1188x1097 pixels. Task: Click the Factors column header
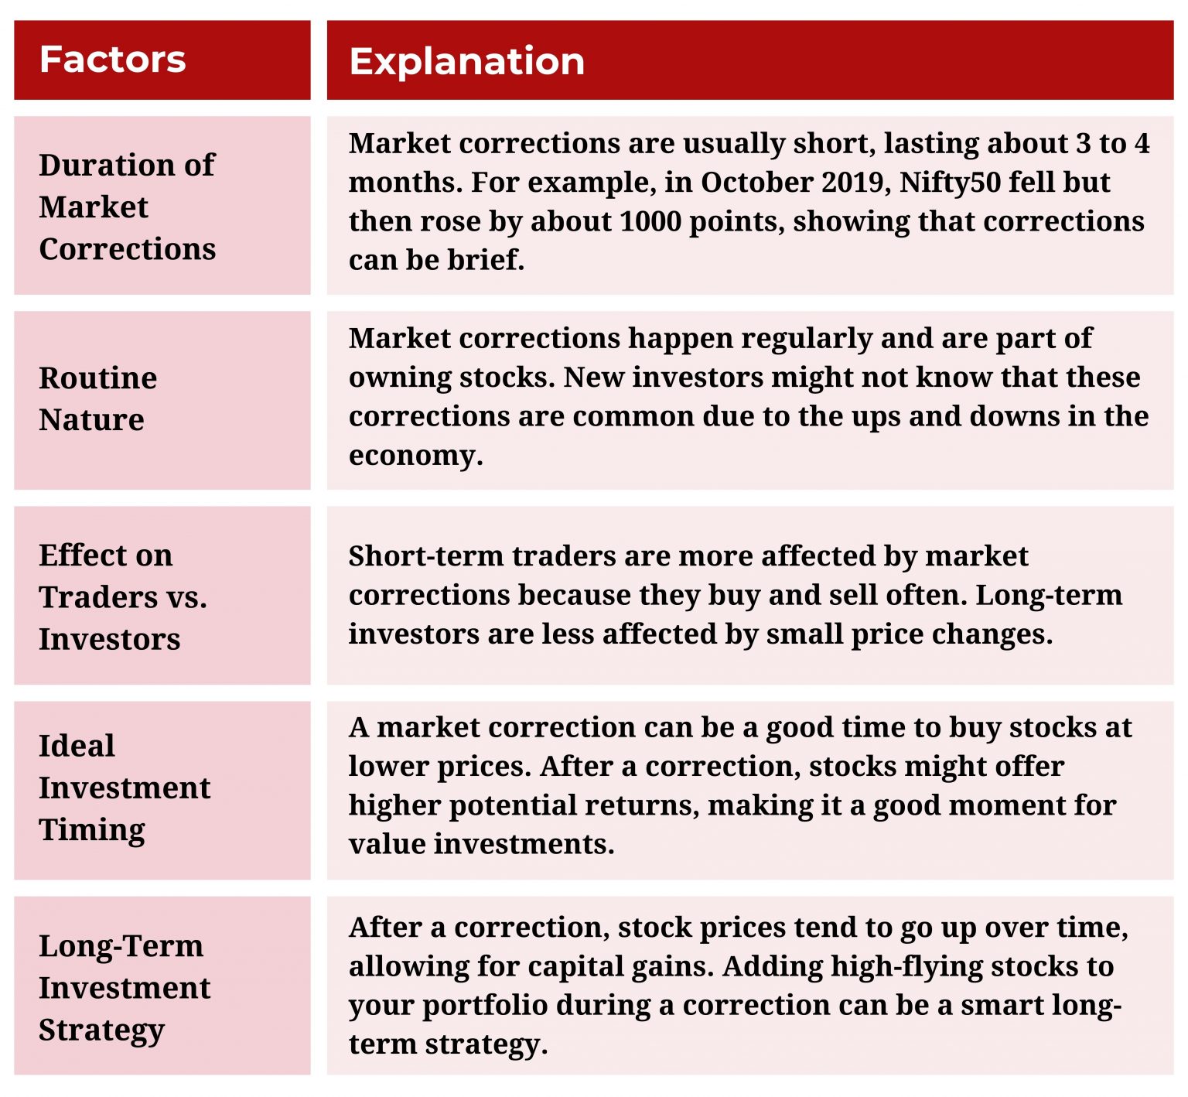pyautogui.click(x=112, y=60)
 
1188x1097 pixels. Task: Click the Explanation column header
pyautogui.click(x=466, y=61)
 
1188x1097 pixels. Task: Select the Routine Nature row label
pyautogui.click(x=97, y=398)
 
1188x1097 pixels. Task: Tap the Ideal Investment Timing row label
pyautogui.click(x=124, y=788)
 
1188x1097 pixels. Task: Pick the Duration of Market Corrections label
pyautogui.click(x=127, y=207)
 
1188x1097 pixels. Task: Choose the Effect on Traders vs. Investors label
pyautogui.click(x=122, y=596)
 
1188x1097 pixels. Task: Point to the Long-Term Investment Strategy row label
pyautogui.click(x=124, y=987)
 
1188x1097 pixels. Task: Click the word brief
pyautogui.click(x=484, y=260)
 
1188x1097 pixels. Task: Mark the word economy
pyautogui.click(x=415, y=456)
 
